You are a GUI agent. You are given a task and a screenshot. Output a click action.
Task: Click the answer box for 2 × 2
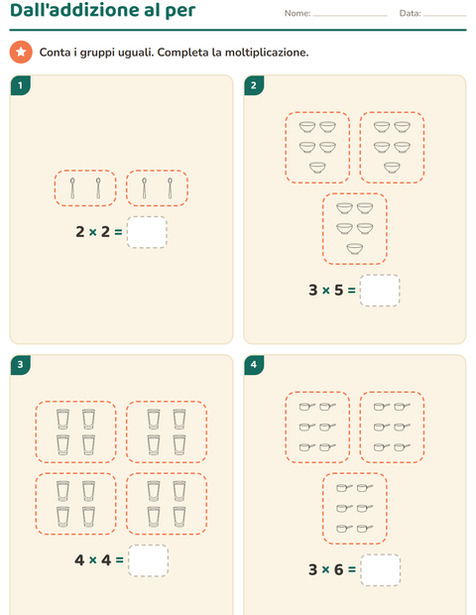[x=147, y=232]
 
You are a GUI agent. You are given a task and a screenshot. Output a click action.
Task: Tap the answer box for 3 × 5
[x=380, y=291]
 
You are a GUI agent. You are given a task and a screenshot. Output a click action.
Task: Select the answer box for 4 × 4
[x=148, y=560]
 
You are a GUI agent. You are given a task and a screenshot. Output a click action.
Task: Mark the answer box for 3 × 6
[x=381, y=570]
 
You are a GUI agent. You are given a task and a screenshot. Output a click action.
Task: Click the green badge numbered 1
[x=21, y=85]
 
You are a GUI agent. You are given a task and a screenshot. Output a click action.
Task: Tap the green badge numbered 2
[x=254, y=85]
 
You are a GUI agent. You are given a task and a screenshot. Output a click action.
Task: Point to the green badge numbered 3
[x=21, y=365]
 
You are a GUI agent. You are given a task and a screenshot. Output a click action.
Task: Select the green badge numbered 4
[x=254, y=365]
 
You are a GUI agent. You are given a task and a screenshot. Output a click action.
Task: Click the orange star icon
[x=21, y=52]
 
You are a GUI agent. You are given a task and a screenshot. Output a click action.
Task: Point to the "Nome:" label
[x=297, y=13]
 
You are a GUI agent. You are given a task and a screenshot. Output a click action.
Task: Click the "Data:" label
[x=411, y=13]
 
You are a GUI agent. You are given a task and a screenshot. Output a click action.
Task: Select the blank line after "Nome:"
[x=350, y=16]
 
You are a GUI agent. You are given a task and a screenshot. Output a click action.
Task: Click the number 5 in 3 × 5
[x=339, y=291]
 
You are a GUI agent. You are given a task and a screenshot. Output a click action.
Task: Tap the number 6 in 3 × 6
[x=339, y=569]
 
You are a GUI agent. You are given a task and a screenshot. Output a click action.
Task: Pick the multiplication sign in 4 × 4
[x=93, y=560]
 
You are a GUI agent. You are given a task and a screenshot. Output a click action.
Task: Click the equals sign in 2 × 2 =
[x=118, y=232]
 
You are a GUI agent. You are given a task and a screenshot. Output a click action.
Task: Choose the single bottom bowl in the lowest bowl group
[x=354, y=249]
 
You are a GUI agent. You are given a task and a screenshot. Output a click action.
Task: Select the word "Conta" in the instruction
[x=55, y=53]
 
